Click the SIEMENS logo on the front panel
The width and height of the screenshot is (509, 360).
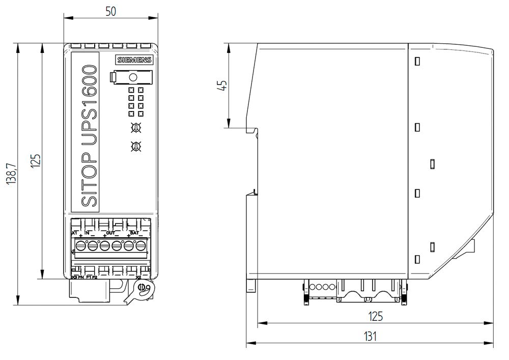point(134,60)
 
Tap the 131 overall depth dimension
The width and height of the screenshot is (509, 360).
point(370,336)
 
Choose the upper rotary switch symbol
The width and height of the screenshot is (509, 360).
point(136,127)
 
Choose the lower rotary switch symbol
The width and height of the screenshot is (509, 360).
point(136,147)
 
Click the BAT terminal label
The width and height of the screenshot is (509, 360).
point(134,233)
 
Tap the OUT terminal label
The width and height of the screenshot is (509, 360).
point(110,233)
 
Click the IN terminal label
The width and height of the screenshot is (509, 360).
point(87,233)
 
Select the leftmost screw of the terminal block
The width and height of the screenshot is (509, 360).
point(80,246)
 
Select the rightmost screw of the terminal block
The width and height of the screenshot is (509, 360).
point(140,246)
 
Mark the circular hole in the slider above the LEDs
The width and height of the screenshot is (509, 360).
point(133,77)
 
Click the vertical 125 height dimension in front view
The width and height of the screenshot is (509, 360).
point(35,161)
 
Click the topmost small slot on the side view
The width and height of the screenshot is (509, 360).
point(417,62)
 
